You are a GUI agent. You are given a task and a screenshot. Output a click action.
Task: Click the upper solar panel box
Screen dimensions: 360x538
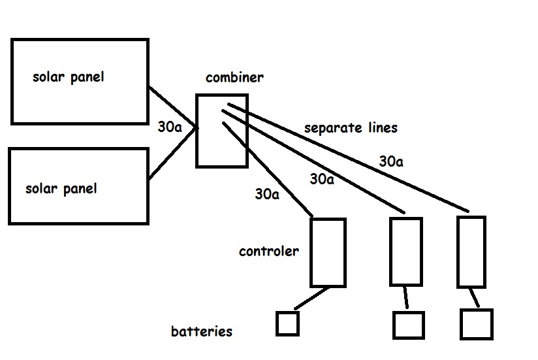(80, 81)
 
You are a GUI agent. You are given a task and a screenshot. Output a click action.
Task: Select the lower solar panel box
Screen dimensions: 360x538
(78, 186)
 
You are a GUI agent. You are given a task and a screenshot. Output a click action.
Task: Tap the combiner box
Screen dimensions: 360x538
(222, 130)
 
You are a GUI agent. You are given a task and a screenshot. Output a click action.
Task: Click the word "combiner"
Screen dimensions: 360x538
(234, 78)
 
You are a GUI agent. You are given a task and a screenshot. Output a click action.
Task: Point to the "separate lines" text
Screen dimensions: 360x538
(351, 127)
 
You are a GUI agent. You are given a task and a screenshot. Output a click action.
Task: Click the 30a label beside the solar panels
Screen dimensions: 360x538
(170, 127)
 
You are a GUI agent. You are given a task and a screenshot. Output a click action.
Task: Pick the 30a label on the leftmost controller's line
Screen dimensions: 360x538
(268, 193)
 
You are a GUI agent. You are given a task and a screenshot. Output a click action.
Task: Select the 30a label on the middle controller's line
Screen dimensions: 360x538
(322, 178)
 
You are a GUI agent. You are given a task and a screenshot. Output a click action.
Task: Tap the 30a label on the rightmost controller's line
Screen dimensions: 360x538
(390, 161)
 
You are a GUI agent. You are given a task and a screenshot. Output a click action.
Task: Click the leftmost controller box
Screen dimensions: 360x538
(328, 252)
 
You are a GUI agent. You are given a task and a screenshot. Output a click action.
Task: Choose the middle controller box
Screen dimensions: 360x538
(405, 251)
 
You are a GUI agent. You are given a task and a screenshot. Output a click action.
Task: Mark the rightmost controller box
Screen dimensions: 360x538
(471, 252)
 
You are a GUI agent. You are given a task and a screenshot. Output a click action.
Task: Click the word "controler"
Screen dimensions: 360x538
(269, 251)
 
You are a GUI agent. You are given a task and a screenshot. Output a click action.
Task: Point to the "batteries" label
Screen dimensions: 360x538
(202, 331)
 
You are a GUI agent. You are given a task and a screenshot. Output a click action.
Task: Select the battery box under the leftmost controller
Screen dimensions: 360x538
(287, 323)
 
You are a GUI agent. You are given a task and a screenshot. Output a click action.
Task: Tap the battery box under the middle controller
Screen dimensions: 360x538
(408, 325)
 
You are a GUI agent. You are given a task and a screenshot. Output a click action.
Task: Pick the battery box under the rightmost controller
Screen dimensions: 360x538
(476, 324)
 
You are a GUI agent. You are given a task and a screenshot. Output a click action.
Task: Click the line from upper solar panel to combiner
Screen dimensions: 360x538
(172, 108)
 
